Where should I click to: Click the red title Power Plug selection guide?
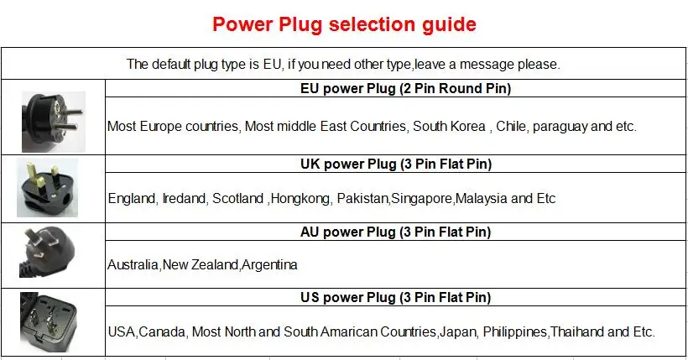pos(344,24)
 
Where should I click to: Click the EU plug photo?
pos(51,117)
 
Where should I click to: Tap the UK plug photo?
pos(50,188)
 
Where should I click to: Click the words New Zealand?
pos(201,265)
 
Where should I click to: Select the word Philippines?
pos(514,331)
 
